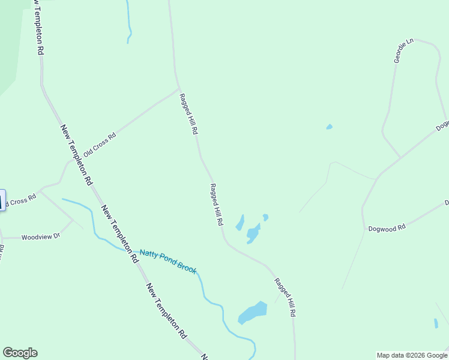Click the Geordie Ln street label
coord(403,51)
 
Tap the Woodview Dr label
coord(41,237)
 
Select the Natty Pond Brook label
coord(168,261)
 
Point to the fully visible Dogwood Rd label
coord(387,228)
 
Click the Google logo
coord(20,353)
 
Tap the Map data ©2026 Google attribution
coord(411,355)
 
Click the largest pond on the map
coord(253,313)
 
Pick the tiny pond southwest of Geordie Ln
coord(329,127)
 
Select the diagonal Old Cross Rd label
coord(100,145)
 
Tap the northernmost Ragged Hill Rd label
coord(188,113)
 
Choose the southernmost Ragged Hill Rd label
coord(285,297)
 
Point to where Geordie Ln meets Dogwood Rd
coord(400,158)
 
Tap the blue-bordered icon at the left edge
coord(2,200)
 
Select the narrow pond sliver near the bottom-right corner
coord(436,323)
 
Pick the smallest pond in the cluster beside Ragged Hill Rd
coord(265,217)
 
